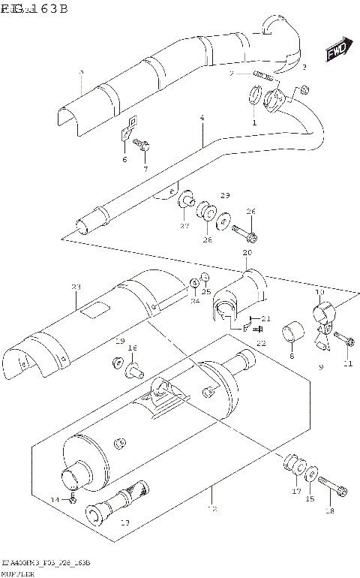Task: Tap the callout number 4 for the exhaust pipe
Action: pyautogui.click(x=202, y=119)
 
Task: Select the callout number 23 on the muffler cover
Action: pyautogui.click(x=76, y=287)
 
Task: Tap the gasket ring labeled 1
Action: pyautogui.click(x=255, y=97)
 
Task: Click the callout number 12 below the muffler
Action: pyautogui.click(x=211, y=510)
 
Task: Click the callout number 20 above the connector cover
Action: pyautogui.click(x=247, y=254)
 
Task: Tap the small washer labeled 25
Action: pyautogui.click(x=204, y=281)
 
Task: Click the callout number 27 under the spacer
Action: pyautogui.click(x=184, y=225)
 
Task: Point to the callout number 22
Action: pyautogui.click(x=262, y=343)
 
